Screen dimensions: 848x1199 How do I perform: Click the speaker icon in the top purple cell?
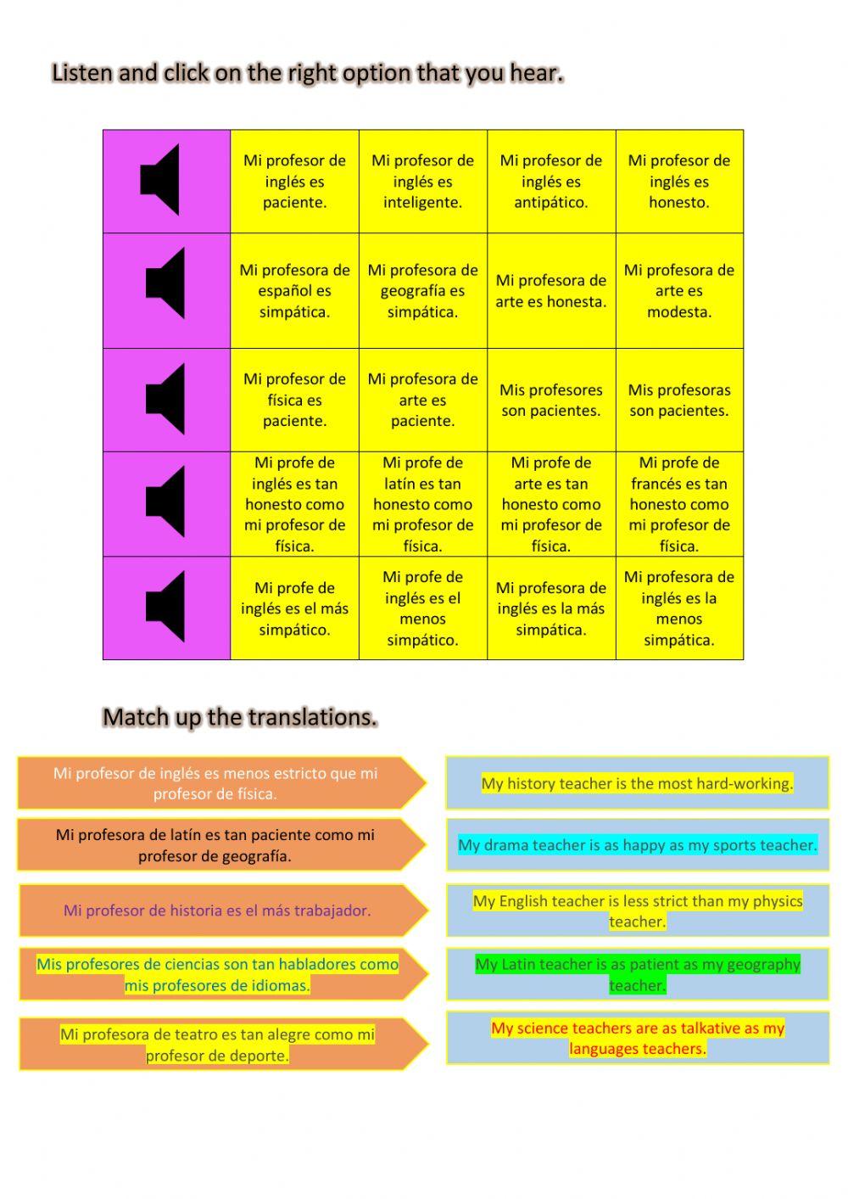[160, 180]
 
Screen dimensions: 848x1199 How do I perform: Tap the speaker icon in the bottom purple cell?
[165, 607]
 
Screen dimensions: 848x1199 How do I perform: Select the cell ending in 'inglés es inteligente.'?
[422, 182]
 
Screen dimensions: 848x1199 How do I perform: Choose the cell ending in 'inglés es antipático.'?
[551, 182]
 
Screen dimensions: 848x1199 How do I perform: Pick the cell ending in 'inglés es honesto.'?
[679, 182]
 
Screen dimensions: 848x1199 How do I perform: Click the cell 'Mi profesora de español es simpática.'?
[294, 291]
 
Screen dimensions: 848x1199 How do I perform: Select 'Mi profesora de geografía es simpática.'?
[422, 291]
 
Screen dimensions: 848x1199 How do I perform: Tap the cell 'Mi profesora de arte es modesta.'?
[679, 291]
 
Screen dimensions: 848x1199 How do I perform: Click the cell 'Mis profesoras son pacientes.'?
[679, 401]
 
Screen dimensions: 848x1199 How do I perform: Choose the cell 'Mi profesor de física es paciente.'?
[294, 401]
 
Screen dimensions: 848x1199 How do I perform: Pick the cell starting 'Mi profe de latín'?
[422, 504]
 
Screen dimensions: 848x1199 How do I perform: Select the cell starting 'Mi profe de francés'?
[679, 504]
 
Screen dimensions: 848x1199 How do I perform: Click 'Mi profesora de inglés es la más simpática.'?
[551, 608]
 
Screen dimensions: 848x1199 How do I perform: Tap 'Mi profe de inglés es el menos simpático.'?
[422, 608]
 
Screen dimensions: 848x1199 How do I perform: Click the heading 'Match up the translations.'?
[240, 718]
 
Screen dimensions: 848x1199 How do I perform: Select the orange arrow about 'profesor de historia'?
[217, 910]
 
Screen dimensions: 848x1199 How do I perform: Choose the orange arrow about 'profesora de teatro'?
[217, 1045]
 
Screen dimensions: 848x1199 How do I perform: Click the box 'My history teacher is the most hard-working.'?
[637, 783]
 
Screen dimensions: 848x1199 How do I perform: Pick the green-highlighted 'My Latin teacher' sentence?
[637, 974]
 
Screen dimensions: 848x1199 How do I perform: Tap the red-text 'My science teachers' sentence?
[637, 1038]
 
